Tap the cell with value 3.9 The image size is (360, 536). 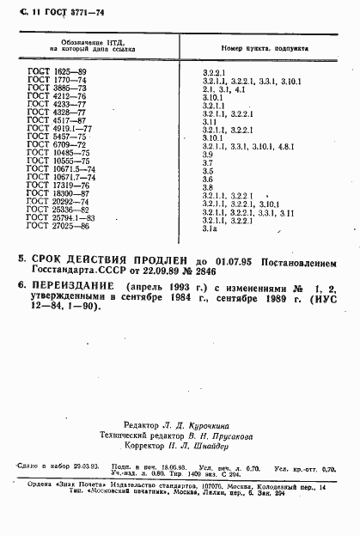point(206,153)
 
